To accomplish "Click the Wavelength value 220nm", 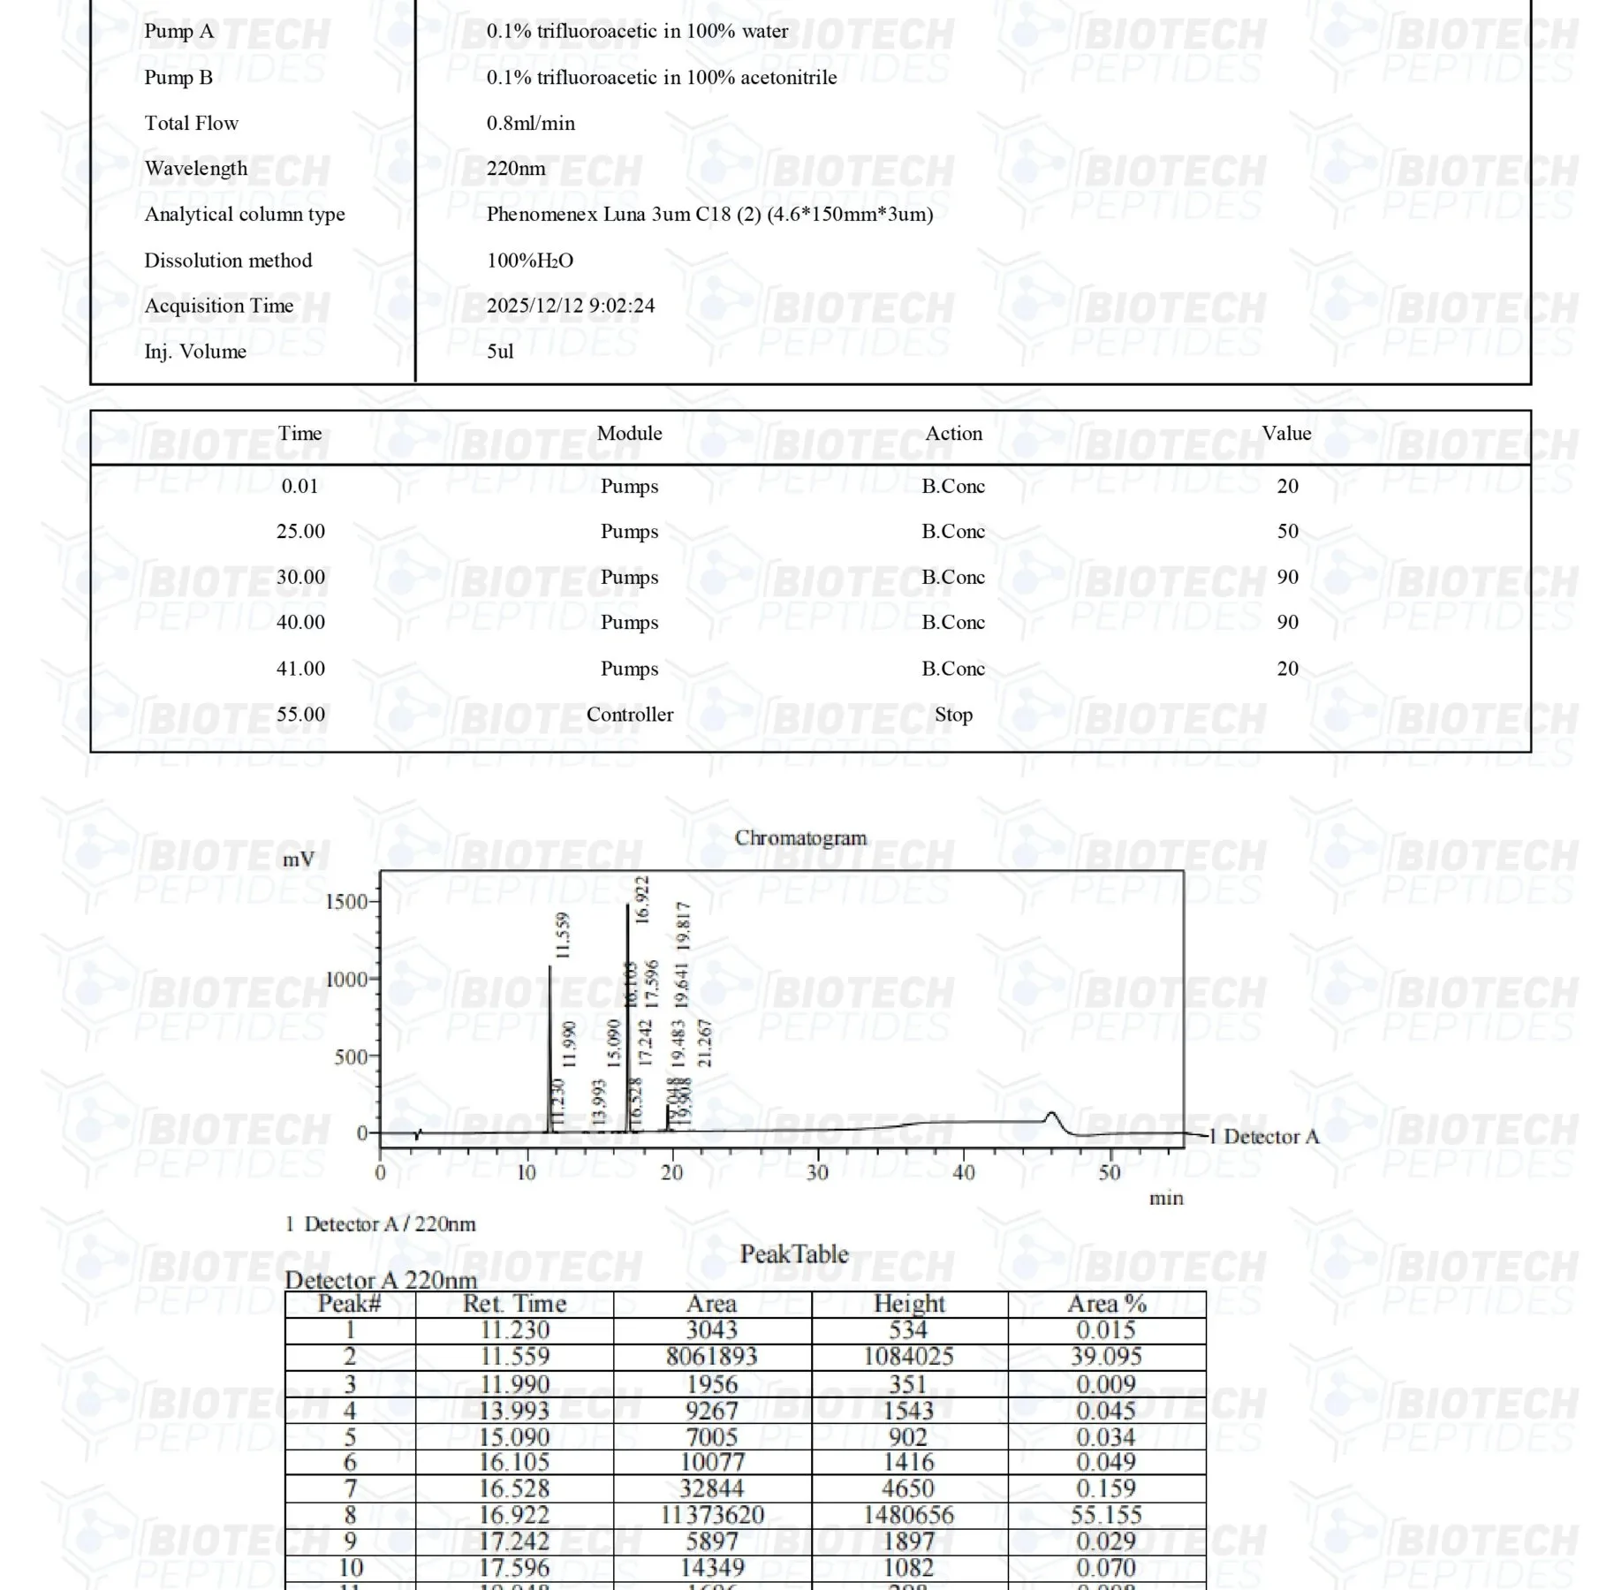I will [516, 169].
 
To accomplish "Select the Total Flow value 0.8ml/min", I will [530, 123].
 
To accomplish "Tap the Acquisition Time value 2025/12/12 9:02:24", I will [571, 306].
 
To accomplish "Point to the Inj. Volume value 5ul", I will [500, 352].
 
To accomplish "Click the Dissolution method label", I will [228, 261].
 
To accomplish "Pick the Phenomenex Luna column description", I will [709, 214].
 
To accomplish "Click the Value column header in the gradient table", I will [1286, 433].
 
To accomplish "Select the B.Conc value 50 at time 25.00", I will [1287, 531].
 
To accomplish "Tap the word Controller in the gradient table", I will [629, 715].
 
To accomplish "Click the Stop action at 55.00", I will [953, 715].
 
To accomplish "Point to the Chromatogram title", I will [800, 837].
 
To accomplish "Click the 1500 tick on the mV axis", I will [346, 902].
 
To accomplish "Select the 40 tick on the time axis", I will [963, 1173].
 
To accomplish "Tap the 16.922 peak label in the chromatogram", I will [642, 899].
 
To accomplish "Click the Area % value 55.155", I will [1106, 1515].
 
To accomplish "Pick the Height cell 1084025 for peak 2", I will [908, 1356].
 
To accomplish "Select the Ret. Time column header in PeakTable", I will [514, 1304].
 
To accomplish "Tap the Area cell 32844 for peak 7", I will [711, 1488].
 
